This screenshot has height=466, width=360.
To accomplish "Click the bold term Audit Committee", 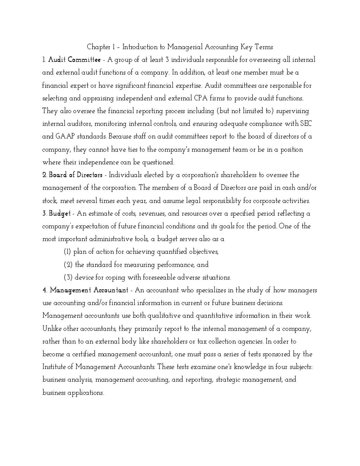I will coord(74,60).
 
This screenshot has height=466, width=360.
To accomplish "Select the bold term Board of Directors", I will coord(76,175).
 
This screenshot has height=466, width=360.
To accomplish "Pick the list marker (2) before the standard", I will coord(68,265).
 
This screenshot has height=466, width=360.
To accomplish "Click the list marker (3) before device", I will coord(68,278).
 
